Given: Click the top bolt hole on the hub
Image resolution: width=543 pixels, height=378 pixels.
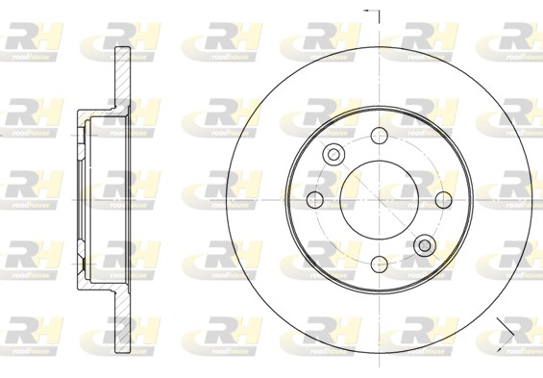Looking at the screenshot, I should click(378, 135).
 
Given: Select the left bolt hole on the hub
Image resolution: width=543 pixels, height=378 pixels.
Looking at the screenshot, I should click(313, 199).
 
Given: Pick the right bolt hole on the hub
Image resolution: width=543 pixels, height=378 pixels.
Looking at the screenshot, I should click(442, 199).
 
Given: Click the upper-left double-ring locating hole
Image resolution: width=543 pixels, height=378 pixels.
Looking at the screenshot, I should click(333, 154).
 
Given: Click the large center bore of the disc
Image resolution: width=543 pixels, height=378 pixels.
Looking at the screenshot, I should click(378, 199).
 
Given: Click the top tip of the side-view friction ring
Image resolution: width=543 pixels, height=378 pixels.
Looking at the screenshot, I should click(123, 48).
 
